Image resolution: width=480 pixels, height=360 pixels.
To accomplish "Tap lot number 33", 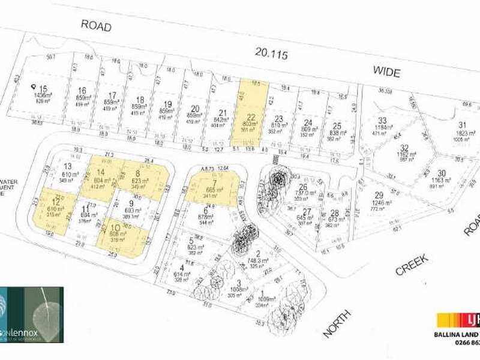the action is (x=382, y=120).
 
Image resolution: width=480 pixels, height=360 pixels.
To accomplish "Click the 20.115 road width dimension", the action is (x=272, y=55).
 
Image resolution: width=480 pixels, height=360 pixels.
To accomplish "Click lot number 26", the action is (x=303, y=187).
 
